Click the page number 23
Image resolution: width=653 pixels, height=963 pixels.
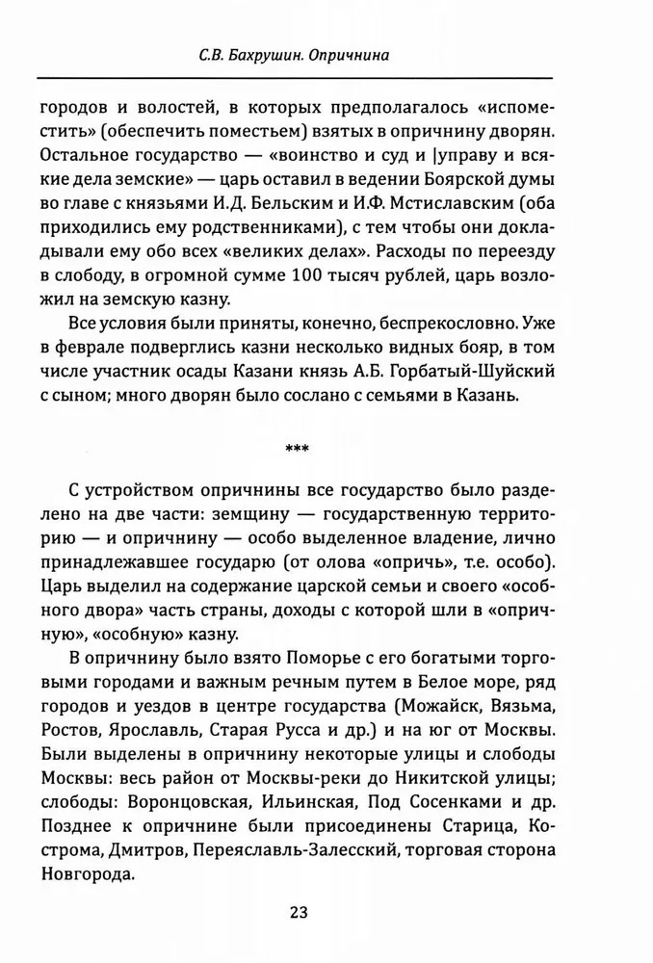[x=298, y=912]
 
